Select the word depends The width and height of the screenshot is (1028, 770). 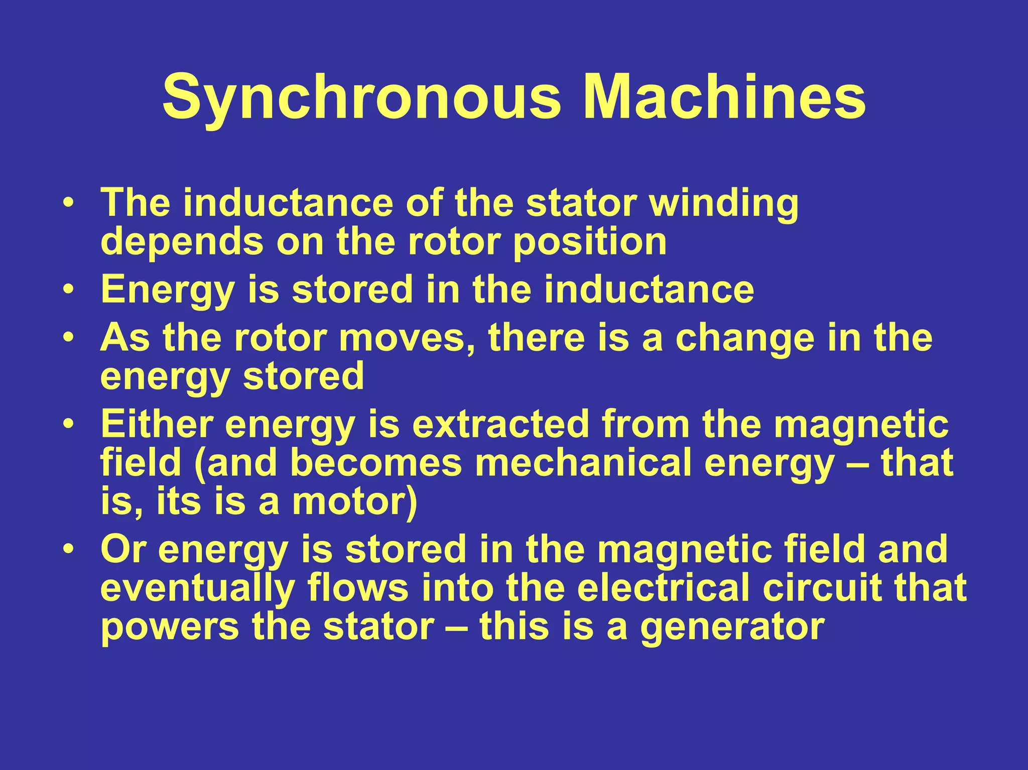pos(182,242)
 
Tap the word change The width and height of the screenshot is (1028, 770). pos(745,339)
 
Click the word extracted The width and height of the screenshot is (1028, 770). pos(500,425)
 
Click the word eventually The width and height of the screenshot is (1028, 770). pos(197,588)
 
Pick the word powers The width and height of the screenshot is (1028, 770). pos(170,627)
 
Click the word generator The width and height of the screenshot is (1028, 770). pos(732,627)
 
